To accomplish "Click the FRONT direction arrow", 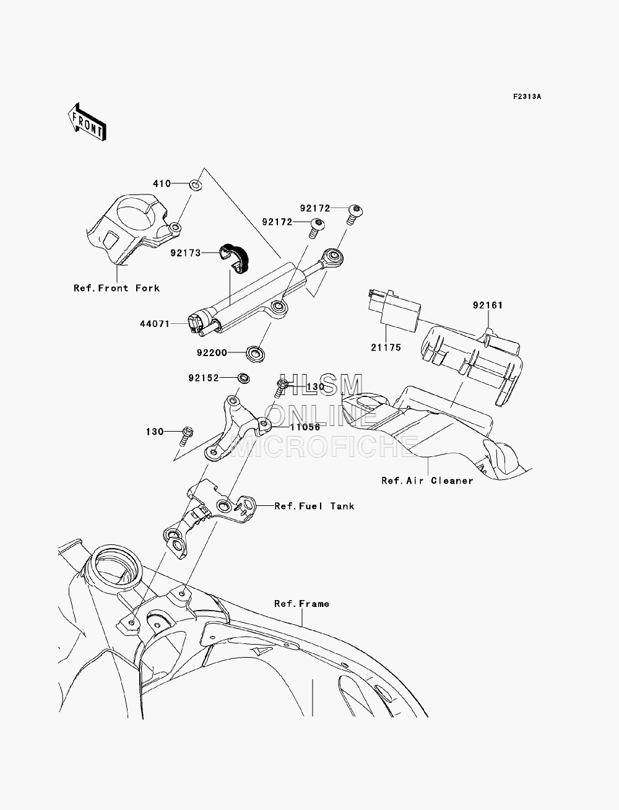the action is pos(87,122).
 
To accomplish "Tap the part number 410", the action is pos(162,183).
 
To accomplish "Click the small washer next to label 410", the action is pos(196,184).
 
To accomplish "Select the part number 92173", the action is pos(186,253).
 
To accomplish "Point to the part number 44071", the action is pos(155,324).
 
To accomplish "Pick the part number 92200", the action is pos(212,353).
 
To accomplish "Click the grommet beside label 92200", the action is pos(256,354).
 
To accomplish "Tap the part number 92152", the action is pos(204,378).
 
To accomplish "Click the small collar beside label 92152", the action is pos(243,378).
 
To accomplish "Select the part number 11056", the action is pos(305,427).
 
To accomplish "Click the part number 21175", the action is pos(386,347).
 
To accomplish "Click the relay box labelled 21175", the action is pos(395,310).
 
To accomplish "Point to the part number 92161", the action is pos(488,305).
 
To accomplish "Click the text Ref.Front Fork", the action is pos(116,288).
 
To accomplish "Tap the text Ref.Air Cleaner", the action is pos(427,481).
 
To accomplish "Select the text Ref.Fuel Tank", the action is pos(314,506).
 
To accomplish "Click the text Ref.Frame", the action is pos(301,604).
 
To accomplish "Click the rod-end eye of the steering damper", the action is pos(334,257).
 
